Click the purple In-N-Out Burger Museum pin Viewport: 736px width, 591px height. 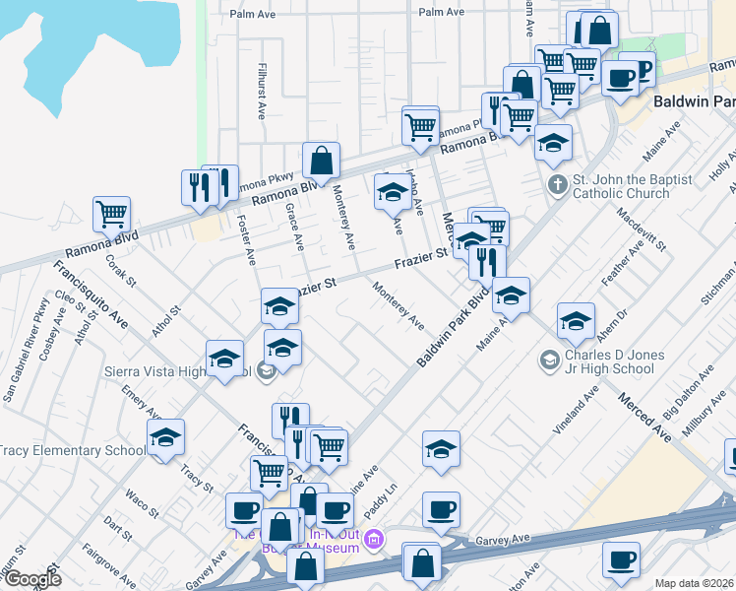click(373, 540)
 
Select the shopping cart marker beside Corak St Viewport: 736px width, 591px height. click(111, 214)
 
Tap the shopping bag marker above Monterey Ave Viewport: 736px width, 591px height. click(321, 160)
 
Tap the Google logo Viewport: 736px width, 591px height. click(31, 579)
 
